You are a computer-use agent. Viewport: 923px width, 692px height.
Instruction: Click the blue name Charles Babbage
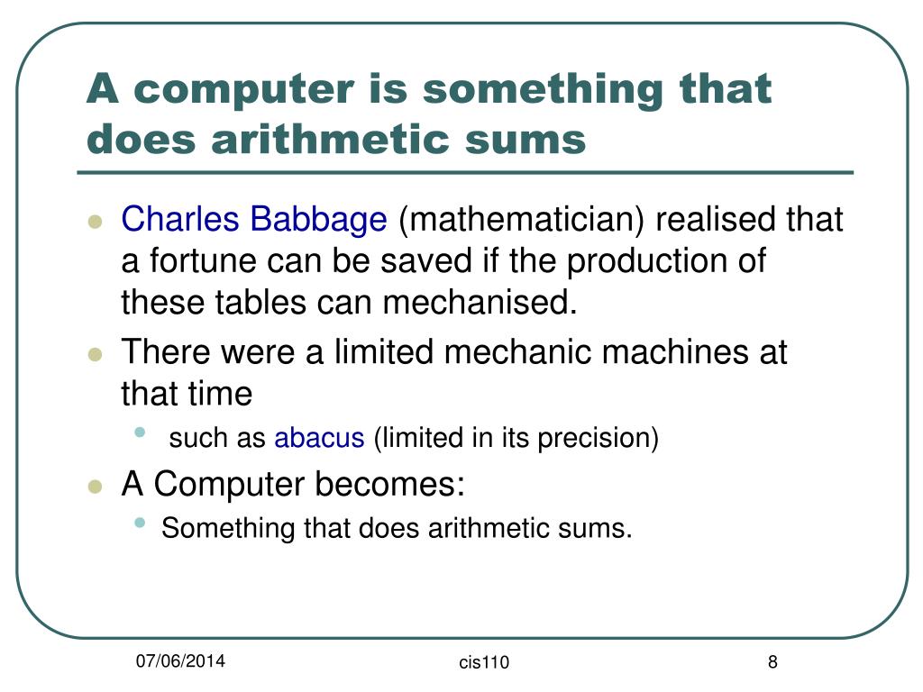coord(254,219)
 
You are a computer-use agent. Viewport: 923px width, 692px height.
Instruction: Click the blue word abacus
coord(319,439)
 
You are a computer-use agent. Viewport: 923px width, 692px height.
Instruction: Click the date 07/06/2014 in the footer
coord(181,662)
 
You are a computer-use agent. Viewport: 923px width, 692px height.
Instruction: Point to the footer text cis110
coord(484,663)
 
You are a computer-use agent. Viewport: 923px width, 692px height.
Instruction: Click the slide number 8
coord(772,662)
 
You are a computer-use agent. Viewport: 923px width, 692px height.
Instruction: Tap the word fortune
coord(198,261)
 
